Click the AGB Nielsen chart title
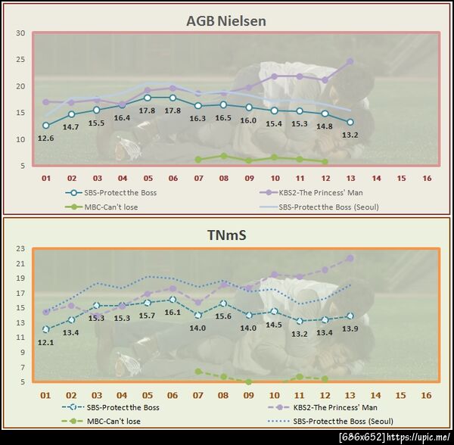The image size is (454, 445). coord(226,20)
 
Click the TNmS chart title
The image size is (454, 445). coord(226,235)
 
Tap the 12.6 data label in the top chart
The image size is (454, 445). coord(45,138)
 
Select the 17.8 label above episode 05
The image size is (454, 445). coord(148,110)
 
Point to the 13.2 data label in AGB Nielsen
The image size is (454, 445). coord(350,135)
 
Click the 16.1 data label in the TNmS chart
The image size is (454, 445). coord(173,312)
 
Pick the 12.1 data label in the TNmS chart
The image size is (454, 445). coord(45,342)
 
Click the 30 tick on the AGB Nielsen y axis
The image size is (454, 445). coord(20,33)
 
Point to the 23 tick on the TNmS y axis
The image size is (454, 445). coord(20,249)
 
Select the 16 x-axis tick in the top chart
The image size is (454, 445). coord(427,179)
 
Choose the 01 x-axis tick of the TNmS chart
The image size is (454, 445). coord(45,395)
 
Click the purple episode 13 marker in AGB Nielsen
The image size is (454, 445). coord(350,61)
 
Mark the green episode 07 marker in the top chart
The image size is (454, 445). coord(198,159)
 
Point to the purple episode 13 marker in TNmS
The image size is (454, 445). coord(350,258)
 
